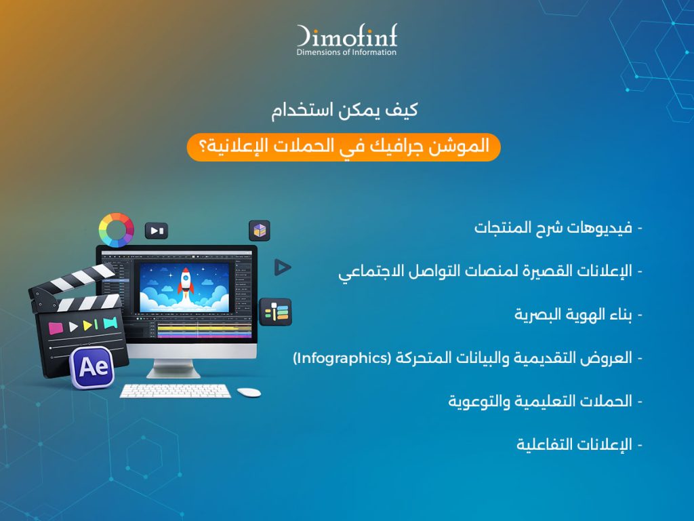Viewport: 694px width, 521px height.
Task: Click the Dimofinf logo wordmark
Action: coord(346,36)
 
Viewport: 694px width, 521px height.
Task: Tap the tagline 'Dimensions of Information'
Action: coord(346,52)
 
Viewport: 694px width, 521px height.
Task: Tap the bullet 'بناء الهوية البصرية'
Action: coord(573,315)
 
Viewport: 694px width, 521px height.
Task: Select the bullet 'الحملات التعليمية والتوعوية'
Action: coord(540,401)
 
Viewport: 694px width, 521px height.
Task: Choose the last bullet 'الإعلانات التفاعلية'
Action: coord(573,444)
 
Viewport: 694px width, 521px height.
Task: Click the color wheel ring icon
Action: coord(116,230)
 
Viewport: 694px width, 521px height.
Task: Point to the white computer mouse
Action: coord(249,392)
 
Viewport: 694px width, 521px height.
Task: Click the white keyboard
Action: coord(175,391)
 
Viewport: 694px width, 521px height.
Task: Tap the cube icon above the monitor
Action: coord(259,231)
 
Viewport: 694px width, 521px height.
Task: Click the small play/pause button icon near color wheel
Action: coord(157,231)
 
